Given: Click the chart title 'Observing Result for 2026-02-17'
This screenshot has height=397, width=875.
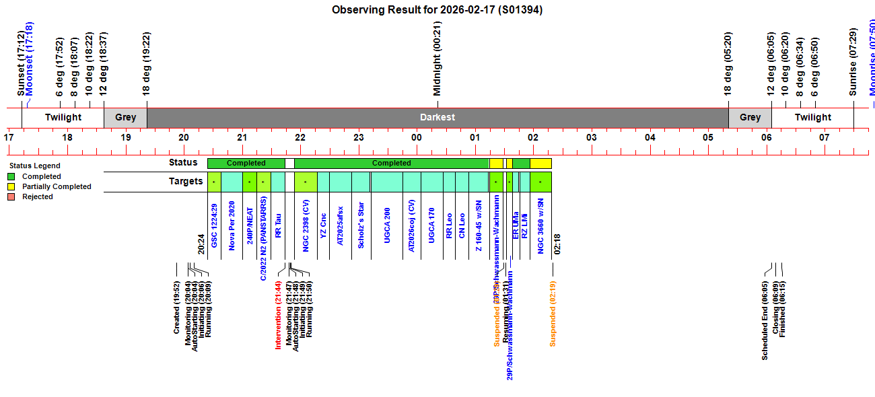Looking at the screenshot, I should point(437,10).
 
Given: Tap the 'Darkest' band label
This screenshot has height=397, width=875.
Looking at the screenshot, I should point(438,117).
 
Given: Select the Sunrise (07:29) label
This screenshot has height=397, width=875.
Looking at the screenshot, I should point(853,62).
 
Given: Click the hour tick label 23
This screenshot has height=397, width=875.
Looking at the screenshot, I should point(359,137).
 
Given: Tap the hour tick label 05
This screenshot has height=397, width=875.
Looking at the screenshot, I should point(708,137).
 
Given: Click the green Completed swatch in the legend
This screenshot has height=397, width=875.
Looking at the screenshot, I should point(11,176).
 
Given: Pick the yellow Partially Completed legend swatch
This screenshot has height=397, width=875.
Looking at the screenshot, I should point(11,186).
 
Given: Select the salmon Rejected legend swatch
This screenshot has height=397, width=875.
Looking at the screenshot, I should point(11,196).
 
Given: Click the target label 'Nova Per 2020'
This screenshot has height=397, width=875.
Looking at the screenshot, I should point(232,225).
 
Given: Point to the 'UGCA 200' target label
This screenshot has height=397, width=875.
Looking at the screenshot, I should point(387,225).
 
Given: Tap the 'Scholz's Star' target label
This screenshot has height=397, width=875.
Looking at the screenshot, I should point(361,225).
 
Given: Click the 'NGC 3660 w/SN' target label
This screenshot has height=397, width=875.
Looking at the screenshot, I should point(540,225).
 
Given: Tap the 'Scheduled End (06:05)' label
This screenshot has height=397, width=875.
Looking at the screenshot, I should point(765,320).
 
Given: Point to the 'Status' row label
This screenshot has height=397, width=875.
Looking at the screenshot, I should point(183,162).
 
